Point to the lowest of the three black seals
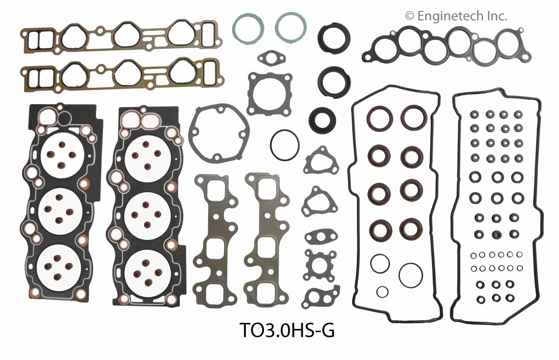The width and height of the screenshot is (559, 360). tap(322, 119)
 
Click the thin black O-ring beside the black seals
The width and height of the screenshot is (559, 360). tap(285, 144)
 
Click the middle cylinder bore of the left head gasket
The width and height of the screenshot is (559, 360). tap(60, 211)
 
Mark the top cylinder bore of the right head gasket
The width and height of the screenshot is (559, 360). tap(147, 156)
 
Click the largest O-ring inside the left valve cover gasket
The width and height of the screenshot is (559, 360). tap(411, 275)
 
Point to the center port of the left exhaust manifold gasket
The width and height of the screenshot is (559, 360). tap(212, 246)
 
